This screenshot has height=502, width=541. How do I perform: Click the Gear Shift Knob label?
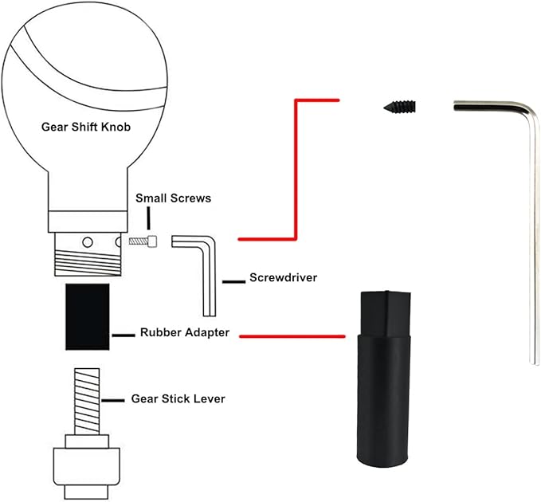(86, 127)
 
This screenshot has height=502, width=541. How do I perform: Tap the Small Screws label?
(173, 198)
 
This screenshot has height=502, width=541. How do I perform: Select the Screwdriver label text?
(284, 277)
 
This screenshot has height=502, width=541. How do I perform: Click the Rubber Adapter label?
(185, 332)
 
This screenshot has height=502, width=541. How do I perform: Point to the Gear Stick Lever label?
(178, 399)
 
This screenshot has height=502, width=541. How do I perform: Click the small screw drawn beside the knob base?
(143, 241)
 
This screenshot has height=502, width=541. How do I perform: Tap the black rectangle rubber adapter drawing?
(88, 316)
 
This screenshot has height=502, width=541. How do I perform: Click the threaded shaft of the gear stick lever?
(87, 402)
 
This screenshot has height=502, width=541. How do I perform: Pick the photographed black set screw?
(400, 107)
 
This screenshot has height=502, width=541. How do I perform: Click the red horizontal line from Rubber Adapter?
(292, 336)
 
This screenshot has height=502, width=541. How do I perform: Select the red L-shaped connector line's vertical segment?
(296, 169)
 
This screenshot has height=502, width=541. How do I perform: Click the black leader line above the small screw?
(148, 218)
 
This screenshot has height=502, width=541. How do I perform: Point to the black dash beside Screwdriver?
(233, 282)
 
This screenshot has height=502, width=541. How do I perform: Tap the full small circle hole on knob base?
(88, 242)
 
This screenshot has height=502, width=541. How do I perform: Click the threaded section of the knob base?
(88, 262)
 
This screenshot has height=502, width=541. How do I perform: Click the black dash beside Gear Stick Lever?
(113, 401)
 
